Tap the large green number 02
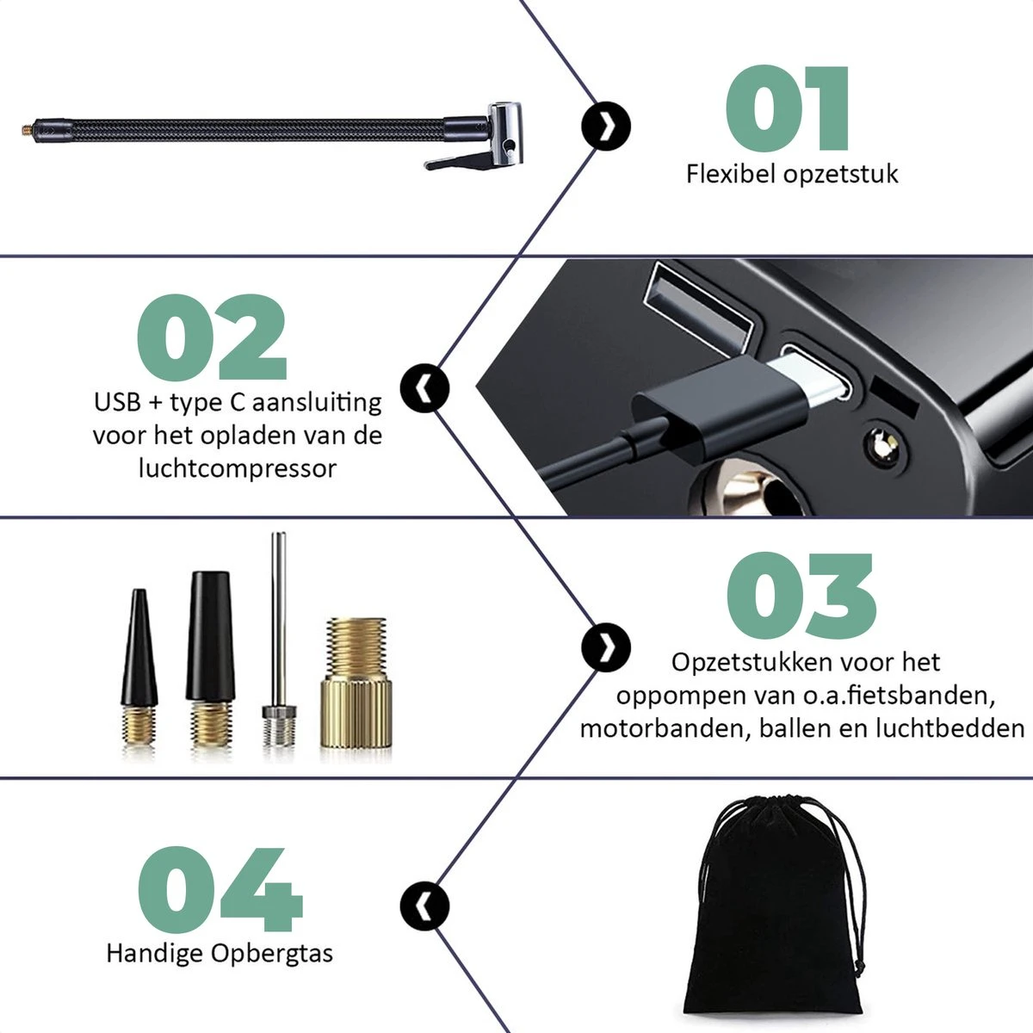coord(212,337)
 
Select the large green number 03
coord(801,596)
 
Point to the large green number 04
coord(220,889)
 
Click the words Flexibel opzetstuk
coord(792,174)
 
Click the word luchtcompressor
coord(238,468)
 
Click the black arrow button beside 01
coord(606,127)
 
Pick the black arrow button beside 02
coord(424,387)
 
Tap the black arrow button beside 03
coord(606,647)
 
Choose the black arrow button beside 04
coord(424,906)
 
